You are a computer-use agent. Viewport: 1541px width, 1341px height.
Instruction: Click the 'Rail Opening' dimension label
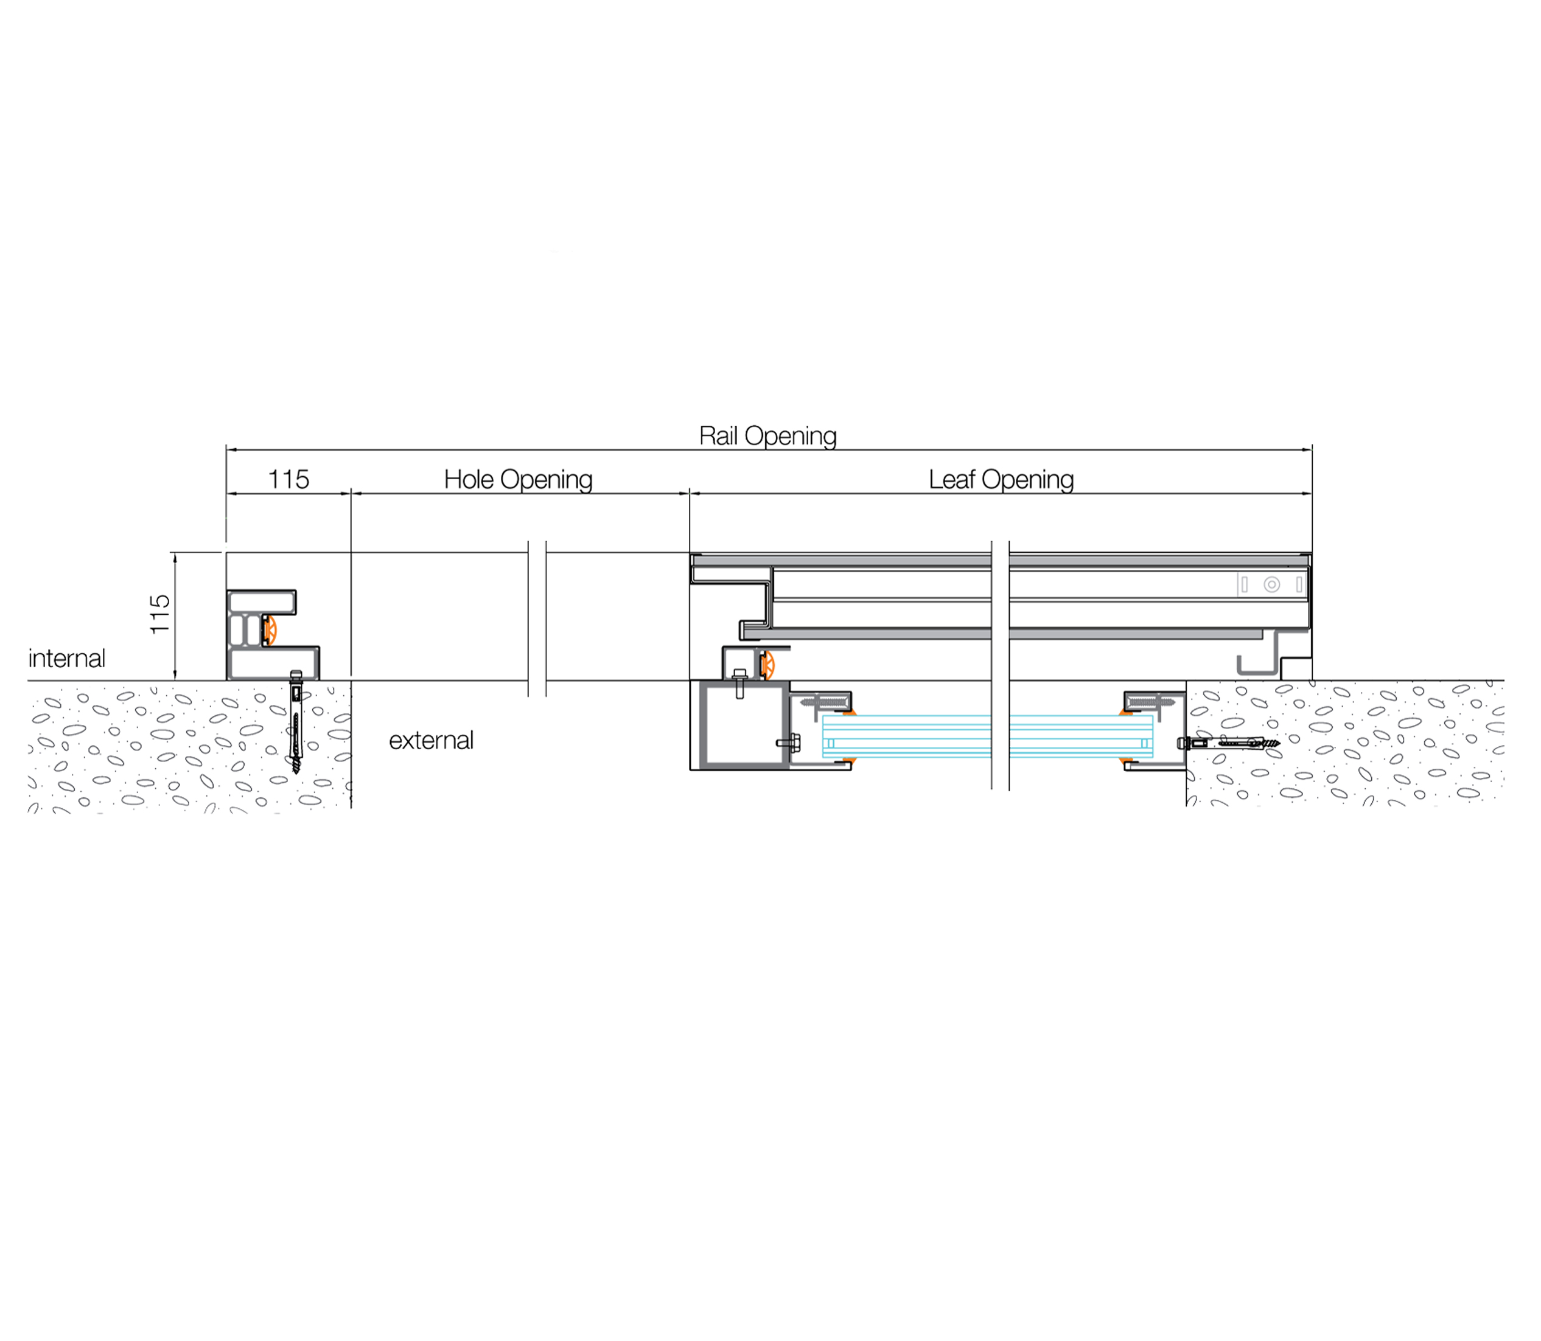pyautogui.click(x=767, y=436)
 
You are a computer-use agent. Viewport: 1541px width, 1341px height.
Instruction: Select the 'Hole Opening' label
pyautogui.click(x=518, y=480)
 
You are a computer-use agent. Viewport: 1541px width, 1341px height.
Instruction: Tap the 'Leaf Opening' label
pyautogui.click(x=1001, y=480)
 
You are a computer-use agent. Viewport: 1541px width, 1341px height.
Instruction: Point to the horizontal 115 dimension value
pyautogui.click(x=288, y=480)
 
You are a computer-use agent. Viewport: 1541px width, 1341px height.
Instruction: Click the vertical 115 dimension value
pyautogui.click(x=160, y=614)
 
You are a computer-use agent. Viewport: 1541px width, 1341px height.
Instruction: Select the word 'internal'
pyautogui.click(x=66, y=659)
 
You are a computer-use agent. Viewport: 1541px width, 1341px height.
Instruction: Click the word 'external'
pyautogui.click(x=432, y=740)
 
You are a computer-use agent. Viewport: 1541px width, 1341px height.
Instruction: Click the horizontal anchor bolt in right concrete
pyautogui.click(x=1228, y=743)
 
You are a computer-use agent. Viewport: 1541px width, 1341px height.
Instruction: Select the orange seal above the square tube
pyautogui.click(x=767, y=665)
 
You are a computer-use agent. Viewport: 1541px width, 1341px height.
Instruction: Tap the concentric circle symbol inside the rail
pyautogui.click(x=1271, y=584)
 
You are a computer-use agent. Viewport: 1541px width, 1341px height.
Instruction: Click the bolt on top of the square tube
pyautogui.click(x=740, y=683)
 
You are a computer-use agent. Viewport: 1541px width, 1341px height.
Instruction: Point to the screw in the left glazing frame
pyautogui.click(x=823, y=702)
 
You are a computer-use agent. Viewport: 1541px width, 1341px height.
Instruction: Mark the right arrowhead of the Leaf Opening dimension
pyautogui.click(x=1307, y=493)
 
